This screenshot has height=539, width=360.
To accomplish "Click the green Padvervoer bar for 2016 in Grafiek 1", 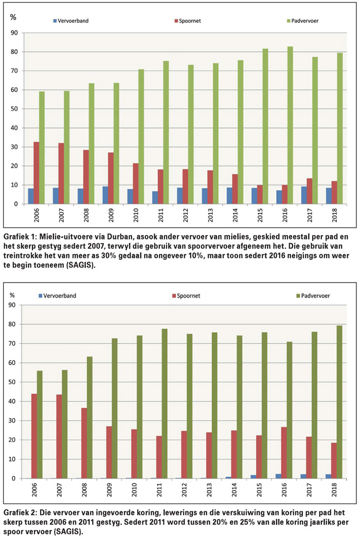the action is (290, 125).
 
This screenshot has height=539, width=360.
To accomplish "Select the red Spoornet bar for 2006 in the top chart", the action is (36, 173).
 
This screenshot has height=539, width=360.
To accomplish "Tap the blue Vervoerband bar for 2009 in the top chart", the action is (105, 195).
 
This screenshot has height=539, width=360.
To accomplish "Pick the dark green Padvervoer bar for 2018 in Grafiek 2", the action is (339, 402).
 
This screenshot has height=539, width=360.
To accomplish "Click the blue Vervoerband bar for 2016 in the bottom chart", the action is (278, 476).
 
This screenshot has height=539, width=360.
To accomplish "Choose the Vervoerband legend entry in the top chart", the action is (71, 21).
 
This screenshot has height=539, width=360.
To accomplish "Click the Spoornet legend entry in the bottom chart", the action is (186, 295).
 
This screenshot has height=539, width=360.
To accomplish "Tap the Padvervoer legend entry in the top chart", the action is (303, 21).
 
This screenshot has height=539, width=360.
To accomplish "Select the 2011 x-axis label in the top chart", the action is (161, 215).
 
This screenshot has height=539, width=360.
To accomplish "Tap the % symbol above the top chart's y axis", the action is (13, 17).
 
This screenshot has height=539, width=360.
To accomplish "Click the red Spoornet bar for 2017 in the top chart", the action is (310, 191).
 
